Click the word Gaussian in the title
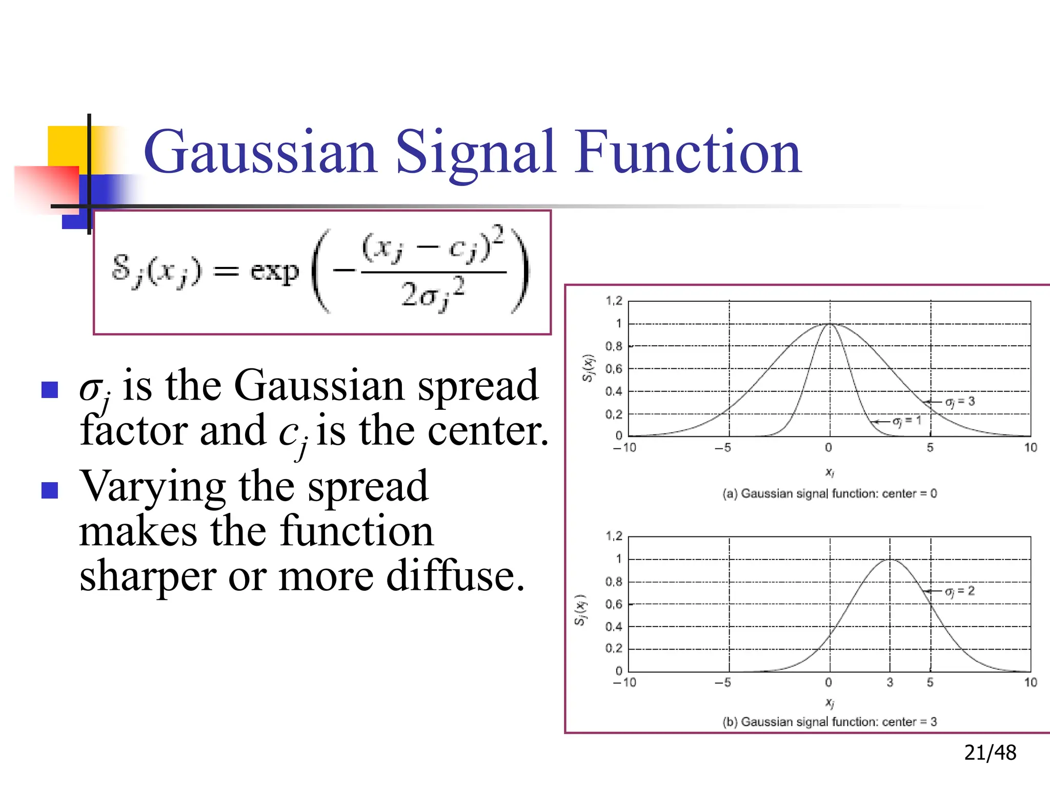[x=260, y=153]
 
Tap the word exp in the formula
[x=274, y=271]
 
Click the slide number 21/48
[x=990, y=753]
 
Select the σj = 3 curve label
[x=960, y=402]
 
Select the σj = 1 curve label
[x=907, y=421]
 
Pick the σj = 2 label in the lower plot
[x=959, y=591]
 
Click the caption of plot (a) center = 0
[x=829, y=493]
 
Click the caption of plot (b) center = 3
[x=829, y=722]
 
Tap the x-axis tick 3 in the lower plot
[x=890, y=682]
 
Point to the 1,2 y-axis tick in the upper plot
[x=614, y=301]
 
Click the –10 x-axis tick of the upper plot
[x=624, y=448]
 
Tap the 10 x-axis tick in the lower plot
[x=1031, y=682]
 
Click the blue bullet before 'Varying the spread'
[x=50, y=490]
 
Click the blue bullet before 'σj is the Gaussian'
[x=50, y=390]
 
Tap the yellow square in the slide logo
[x=67, y=146]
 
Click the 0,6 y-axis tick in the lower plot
[x=614, y=605]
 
